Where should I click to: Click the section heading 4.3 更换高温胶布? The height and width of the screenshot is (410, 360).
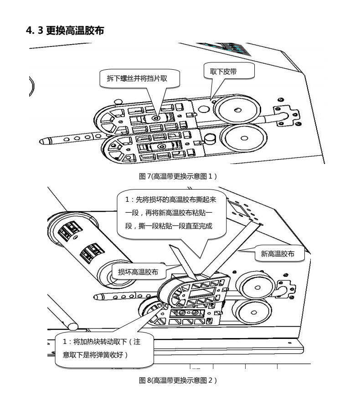coord(67,31)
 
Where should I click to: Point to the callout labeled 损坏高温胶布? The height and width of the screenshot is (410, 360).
coord(138,272)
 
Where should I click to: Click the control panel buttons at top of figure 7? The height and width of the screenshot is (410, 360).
coord(228,47)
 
